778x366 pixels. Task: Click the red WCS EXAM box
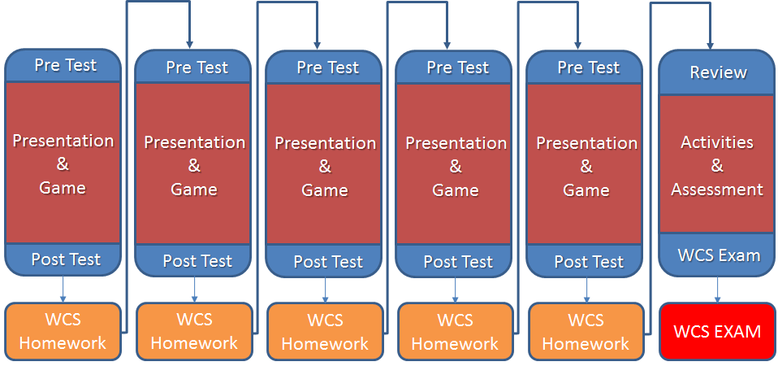point(717,331)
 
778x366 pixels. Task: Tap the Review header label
point(718,72)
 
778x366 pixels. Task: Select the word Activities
point(717,142)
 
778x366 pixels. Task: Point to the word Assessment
point(717,190)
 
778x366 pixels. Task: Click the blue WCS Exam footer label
point(719,255)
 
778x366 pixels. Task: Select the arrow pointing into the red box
point(717,290)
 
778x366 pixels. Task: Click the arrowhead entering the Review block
point(710,45)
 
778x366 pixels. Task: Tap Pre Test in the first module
point(66,65)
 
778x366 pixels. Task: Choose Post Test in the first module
point(66,259)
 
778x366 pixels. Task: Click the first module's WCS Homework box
point(63,331)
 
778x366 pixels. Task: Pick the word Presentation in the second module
point(195,142)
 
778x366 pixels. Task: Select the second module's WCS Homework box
point(194,331)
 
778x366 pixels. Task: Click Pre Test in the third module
point(328,68)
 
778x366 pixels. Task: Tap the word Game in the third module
point(325,190)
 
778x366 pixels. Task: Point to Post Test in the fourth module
point(459,262)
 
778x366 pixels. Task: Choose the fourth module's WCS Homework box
point(456,331)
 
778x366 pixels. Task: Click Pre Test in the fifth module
point(589,68)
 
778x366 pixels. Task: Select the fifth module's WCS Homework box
point(586,331)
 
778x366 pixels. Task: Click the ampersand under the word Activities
point(717,166)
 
